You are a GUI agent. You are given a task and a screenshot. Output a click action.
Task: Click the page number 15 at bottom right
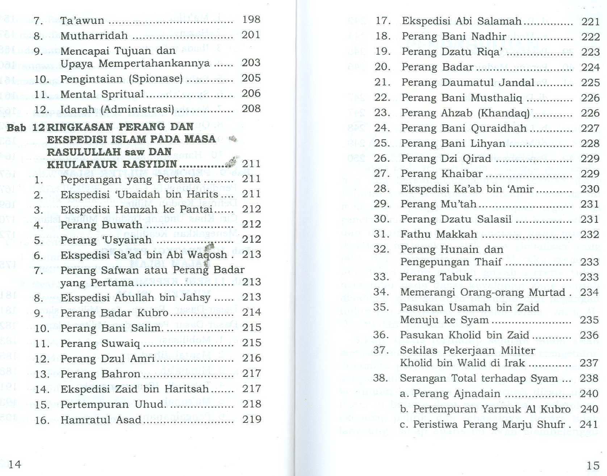click(x=593, y=465)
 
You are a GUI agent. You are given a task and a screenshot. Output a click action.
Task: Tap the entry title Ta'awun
click(x=82, y=20)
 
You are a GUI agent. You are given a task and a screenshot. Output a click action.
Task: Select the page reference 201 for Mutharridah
click(x=251, y=35)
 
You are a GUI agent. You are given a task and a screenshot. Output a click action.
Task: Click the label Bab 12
click(x=26, y=127)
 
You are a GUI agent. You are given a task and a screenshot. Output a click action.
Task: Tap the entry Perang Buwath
click(x=101, y=225)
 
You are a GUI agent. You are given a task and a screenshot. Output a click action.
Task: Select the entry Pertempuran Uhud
click(x=112, y=404)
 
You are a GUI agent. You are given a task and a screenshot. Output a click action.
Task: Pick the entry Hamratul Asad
click(x=101, y=420)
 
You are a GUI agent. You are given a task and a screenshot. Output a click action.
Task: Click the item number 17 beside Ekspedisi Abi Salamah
click(x=382, y=21)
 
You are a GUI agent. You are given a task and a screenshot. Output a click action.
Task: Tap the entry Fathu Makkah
click(x=439, y=234)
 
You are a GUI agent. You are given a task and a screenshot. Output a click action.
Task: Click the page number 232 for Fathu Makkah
click(x=590, y=234)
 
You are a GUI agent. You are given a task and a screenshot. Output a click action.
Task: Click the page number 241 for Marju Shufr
click(x=589, y=424)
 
